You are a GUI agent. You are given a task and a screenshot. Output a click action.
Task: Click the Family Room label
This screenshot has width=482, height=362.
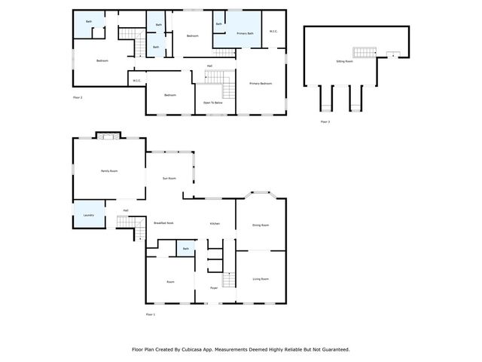click(x=109, y=171)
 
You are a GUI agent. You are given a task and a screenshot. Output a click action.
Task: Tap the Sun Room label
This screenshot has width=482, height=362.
click(x=169, y=178)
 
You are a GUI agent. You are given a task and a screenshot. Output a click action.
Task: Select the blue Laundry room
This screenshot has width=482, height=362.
click(x=88, y=213)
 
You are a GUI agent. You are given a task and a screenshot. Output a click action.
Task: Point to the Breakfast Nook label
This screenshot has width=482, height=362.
click(x=163, y=223)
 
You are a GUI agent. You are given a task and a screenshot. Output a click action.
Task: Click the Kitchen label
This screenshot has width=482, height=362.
click(x=215, y=224)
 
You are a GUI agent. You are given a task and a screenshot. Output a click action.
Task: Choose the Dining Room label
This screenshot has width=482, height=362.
click(x=261, y=225)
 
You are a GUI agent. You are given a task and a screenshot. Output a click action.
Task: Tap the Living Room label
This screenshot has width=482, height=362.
click(x=261, y=279)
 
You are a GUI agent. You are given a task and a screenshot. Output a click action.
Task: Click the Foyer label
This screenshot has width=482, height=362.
click(x=214, y=287)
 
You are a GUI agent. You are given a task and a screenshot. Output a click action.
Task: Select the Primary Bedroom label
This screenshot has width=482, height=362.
click(x=261, y=84)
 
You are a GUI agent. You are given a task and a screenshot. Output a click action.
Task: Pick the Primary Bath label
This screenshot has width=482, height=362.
click(x=245, y=34)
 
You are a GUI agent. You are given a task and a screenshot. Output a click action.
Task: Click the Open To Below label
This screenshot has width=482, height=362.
click(x=212, y=102)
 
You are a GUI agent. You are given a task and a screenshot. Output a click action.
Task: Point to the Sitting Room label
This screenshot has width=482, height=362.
click(x=344, y=61)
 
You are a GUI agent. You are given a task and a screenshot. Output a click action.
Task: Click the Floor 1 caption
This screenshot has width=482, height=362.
click(x=150, y=314)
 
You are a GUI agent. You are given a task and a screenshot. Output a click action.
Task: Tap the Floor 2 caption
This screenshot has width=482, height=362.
click(x=77, y=97)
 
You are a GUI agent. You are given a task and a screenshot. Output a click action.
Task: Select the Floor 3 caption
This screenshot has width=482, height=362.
click(x=325, y=121)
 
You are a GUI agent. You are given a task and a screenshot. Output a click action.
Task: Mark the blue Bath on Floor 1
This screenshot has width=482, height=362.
click(x=185, y=248)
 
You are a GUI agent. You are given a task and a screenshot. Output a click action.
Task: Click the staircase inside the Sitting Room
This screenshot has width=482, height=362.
click(x=365, y=52)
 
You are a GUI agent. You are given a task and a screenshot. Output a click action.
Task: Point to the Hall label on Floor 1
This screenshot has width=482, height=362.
click(x=126, y=210)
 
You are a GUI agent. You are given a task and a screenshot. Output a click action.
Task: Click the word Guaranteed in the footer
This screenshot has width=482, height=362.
click(x=333, y=350)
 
